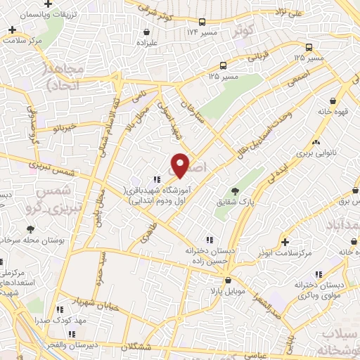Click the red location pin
[181, 165]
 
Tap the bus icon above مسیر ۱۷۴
[202, 22]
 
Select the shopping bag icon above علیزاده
[146, 32]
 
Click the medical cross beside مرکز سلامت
[12, 30]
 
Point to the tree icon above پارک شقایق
[235, 191]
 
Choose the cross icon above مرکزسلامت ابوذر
[284, 240]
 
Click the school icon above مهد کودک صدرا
[60, 309]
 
